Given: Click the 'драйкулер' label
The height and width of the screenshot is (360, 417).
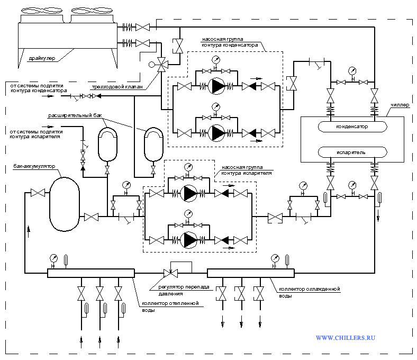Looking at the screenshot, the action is (42, 58).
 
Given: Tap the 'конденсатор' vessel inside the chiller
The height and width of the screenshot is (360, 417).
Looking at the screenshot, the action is (352, 127).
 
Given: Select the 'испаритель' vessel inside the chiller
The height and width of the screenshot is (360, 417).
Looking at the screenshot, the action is (352, 152).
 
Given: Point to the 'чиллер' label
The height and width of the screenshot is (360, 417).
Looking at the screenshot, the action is (400, 105).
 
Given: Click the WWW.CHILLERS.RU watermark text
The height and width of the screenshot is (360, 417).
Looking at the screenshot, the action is (346, 338).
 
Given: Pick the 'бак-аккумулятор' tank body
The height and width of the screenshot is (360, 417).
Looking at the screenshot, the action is (65, 204).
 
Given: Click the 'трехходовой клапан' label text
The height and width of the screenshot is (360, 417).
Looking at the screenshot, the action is (117, 87).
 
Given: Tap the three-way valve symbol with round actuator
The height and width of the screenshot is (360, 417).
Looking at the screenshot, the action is (161, 65).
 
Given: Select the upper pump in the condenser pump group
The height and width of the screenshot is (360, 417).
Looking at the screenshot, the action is (216, 86).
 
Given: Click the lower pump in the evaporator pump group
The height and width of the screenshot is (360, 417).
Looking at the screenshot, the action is (188, 240).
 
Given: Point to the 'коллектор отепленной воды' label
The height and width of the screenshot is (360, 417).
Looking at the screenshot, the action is (170, 307).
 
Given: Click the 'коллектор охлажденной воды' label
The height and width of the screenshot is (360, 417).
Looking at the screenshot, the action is (309, 292).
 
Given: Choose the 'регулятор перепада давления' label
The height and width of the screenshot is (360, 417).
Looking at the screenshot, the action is (184, 290).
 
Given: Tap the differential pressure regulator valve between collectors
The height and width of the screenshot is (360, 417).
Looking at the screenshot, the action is (170, 273).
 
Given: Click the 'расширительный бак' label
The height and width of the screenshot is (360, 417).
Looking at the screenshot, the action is (75, 115).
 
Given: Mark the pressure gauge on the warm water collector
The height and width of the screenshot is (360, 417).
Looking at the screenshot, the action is (53, 259).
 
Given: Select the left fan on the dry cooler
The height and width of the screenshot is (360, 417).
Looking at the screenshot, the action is (42, 11).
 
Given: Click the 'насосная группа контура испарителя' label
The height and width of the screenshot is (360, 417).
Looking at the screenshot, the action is (247, 170).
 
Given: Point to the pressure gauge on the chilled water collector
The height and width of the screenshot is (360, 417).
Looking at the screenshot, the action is (275, 259).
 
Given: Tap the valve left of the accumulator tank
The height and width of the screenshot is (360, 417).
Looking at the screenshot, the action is (38, 193).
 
